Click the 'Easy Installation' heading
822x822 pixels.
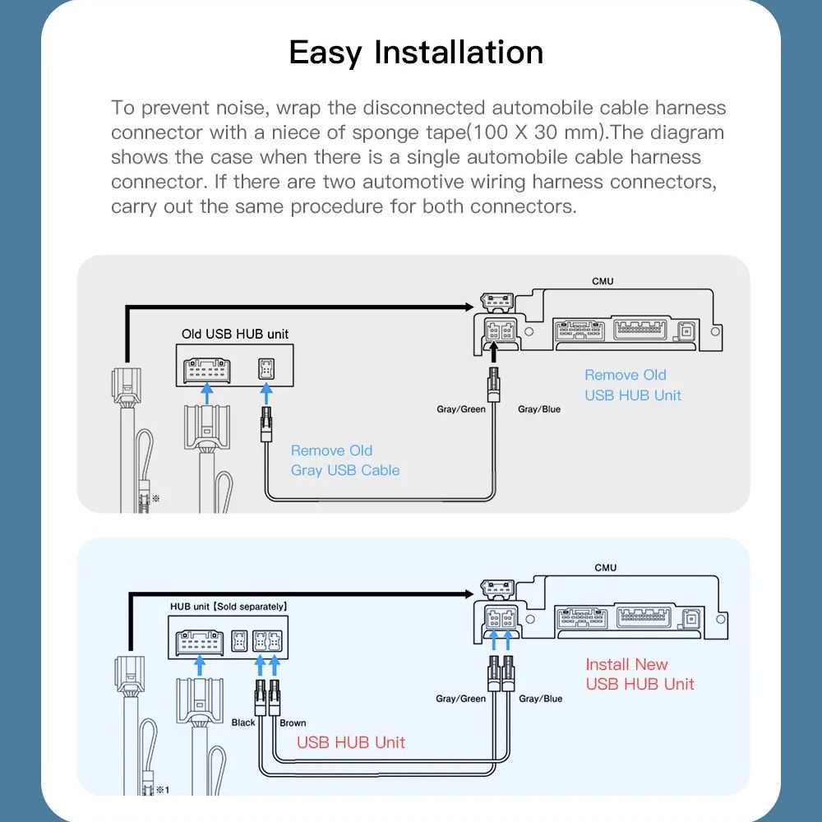416,53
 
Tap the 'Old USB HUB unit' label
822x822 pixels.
235,334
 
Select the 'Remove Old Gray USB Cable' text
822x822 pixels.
345,460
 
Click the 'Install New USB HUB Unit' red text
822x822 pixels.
640,674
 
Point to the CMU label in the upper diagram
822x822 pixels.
603,281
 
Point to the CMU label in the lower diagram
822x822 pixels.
606,568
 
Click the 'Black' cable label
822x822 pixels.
243,723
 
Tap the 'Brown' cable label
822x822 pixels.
293,723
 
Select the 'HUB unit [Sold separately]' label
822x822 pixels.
229,607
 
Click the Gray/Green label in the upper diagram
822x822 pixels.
461,409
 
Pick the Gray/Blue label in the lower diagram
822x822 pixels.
541,698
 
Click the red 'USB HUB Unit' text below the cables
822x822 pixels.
351,742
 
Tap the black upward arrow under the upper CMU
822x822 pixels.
492,353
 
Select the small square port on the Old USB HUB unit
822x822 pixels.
266,368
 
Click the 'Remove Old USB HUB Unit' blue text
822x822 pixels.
633,385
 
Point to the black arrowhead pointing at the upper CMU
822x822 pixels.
469,307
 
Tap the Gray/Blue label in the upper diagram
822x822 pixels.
539,409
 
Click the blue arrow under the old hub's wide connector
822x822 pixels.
207,393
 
